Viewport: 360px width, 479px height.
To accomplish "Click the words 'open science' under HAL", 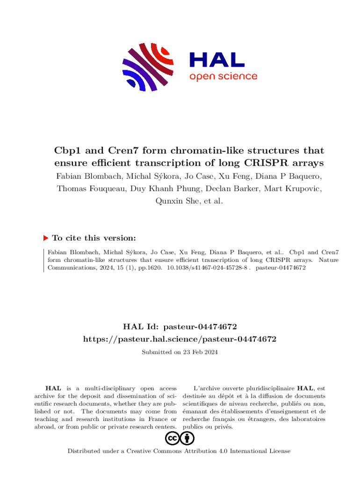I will [223, 76].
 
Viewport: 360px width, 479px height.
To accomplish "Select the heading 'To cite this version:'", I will [94, 238].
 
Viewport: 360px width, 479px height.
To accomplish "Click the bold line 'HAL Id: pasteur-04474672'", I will [180, 326].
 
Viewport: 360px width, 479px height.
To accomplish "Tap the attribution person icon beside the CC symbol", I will [187, 438].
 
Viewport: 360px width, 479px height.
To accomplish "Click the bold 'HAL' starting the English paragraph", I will [52, 388].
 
